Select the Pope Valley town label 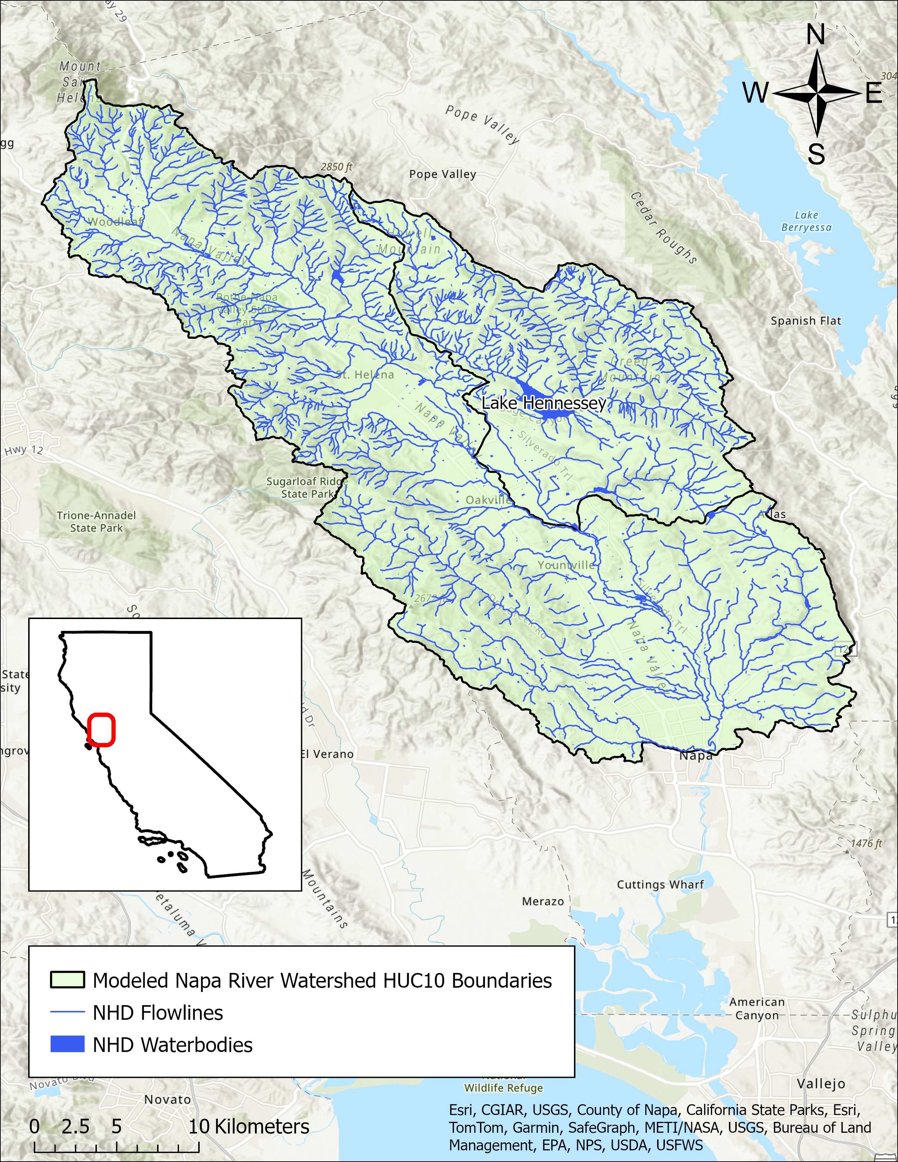pos(442,174)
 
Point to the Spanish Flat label pos(806,321)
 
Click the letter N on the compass pos(816,35)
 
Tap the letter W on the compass pos(756,93)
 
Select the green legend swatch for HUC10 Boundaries pos(67,980)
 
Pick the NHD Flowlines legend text pos(158,1012)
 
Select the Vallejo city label pos(821,1084)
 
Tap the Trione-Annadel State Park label pos(96,521)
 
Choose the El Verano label pos(327,754)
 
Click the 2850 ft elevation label pos(336,167)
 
